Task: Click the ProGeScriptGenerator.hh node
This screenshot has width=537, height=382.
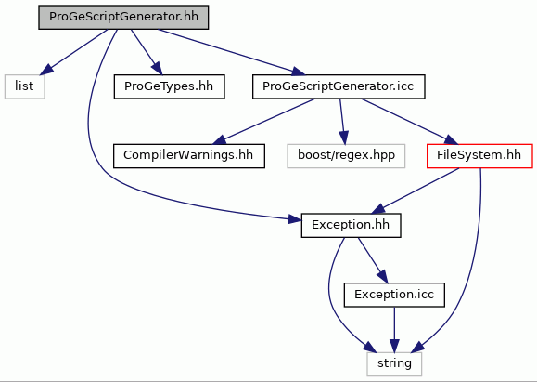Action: tap(123, 17)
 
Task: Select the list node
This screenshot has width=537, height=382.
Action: tap(24, 86)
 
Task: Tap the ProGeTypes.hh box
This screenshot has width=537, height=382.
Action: tap(169, 86)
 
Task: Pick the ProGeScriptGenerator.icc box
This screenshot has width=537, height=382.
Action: tap(339, 86)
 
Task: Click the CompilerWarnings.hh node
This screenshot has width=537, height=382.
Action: tap(188, 156)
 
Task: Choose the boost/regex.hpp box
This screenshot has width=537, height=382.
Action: tap(346, 156)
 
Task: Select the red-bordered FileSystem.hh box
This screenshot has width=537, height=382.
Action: tap(479, 156)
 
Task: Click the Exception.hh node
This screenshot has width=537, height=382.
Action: tap(351, 226)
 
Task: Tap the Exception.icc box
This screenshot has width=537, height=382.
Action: tap(394, 295)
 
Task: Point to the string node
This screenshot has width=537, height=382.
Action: tap(394, 363)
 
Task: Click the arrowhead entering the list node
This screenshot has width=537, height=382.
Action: tap(47, 70)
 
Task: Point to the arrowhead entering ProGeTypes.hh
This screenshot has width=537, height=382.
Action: tap(156, 68)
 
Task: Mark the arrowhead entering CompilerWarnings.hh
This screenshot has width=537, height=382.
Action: tap(219, 139)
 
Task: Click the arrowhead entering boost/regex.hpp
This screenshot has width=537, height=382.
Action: tap(344, 138)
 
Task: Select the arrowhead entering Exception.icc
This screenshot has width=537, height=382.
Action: tap(382, 277)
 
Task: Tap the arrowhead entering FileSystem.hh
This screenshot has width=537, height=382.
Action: tap(451, 140)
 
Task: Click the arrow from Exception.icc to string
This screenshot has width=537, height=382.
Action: tap(394, 330)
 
